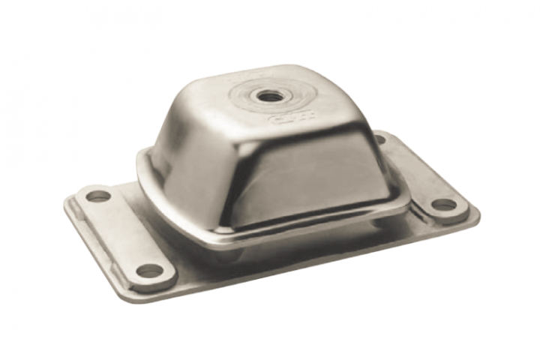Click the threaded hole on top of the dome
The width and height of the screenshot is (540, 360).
point(266,95)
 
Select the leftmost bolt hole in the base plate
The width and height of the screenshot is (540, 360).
point(98,196)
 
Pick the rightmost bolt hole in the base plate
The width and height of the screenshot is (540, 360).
point(444,203)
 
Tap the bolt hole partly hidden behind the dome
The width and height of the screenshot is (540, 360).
point(379,139)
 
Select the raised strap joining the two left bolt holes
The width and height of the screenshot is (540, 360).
point(124,232)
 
